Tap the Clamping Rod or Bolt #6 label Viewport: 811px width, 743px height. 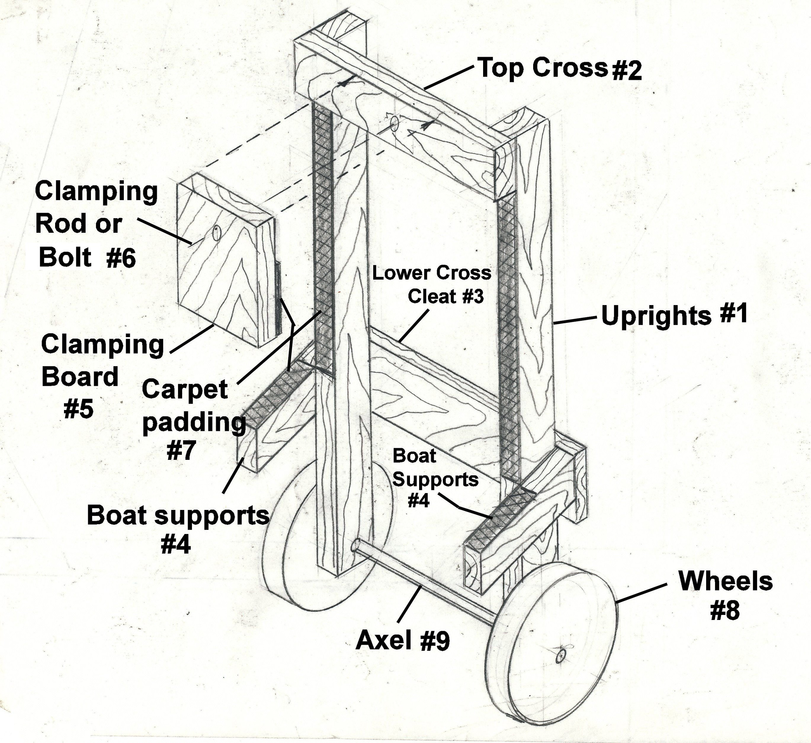pyautogui.click(x=96, y=224)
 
